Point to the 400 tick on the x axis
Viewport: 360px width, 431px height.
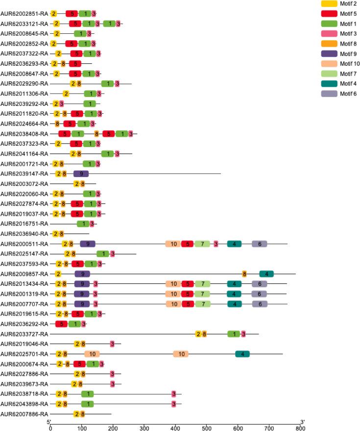(x=175, y=427)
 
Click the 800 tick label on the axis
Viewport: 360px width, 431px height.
(x=300, y=427)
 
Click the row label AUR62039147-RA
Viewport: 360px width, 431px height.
(x=24, y=174)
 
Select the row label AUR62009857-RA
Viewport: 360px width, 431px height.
(x=24, y=274)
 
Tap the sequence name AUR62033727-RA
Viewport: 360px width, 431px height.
(x=24, y=334)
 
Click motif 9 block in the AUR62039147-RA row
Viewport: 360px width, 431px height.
(x=81, y=174)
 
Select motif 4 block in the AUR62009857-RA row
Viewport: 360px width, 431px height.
(x=266, y=274)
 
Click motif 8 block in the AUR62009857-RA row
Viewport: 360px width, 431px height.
(x=244, y=274)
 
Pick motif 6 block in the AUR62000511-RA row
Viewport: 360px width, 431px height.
(x=260, y=244)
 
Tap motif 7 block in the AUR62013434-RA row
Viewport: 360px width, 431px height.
(x=202, y=284)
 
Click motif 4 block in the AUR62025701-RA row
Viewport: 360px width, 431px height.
(x=242, y=354)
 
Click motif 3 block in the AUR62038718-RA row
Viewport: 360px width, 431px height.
(x=174, y=394)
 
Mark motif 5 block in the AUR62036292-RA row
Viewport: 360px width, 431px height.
(x=61, y=324)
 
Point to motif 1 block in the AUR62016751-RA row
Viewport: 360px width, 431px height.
(x=83, y=224)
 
